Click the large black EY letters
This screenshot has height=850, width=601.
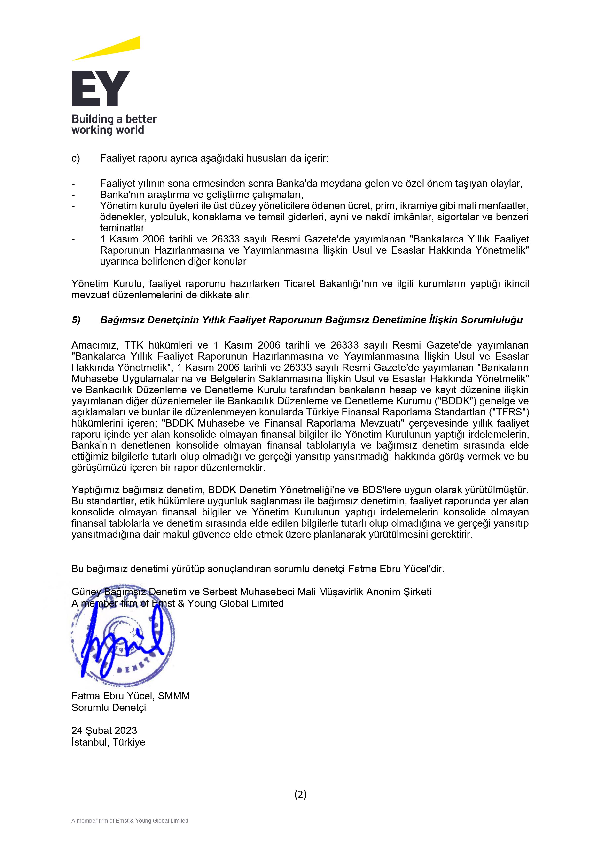click(100, 89)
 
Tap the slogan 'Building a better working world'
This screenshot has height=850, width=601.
click(114, 125)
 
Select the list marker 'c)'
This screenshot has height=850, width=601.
click(76, 158)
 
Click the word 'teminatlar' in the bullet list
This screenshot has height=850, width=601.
click(122, 228)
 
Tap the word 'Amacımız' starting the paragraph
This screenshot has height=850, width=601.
click(95, 345)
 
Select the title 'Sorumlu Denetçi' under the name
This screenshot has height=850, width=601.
click(109, 708)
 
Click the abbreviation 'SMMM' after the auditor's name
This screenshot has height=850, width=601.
click(174, 696)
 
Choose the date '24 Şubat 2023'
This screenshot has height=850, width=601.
click(104, 730)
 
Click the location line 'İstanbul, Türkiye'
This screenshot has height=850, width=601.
click(108, 742)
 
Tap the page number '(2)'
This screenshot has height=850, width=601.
click(300, 794)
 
